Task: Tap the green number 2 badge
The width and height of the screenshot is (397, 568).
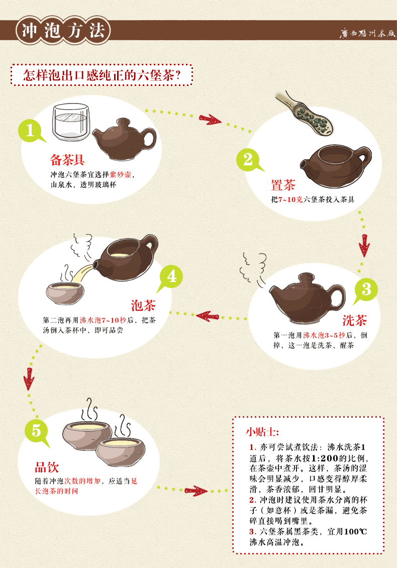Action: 248,160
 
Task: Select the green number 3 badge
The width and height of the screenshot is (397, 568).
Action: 366,290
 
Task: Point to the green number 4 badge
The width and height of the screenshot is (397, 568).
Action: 171,277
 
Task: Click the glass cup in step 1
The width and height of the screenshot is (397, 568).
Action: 71,122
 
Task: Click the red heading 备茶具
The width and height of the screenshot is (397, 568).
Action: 67,160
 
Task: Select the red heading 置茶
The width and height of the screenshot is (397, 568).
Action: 283,185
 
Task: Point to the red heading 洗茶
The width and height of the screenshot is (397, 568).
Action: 355,320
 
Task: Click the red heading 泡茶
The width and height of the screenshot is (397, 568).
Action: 143,305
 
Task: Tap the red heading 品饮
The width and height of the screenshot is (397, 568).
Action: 47,467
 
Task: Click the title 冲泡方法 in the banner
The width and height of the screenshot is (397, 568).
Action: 63,30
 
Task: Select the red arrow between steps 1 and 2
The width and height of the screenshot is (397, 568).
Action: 210,119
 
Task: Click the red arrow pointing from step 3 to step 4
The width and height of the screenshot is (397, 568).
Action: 208,316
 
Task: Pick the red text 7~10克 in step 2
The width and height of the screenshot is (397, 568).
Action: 290,200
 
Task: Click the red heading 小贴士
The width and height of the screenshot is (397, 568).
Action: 262,432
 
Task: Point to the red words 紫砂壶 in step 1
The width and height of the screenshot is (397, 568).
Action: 121,174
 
